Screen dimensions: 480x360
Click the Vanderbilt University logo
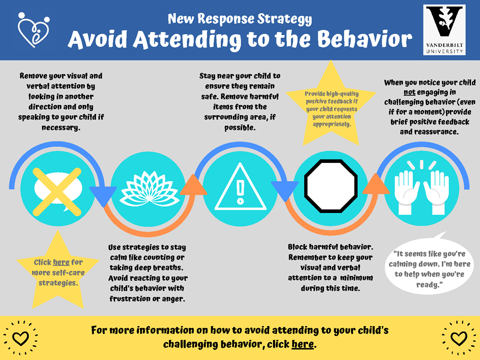pyautogui.click(x=444, y=29)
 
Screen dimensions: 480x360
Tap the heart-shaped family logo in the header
pyautogui.click(x=33, y=29)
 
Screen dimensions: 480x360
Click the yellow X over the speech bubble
pyautogui.click(x=57, y=191)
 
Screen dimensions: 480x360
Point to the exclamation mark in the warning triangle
pyautogui.click(x=240, y=193)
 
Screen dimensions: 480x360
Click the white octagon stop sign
pyautogui.click(x=330, y=186)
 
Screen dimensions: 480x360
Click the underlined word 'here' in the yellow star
pyautogui.click(x=61, y=262)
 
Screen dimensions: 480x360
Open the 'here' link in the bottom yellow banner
pyautogui.click(x=302, y=344)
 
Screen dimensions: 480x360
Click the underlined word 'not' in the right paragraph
pyautogui.click(x=409, y=92)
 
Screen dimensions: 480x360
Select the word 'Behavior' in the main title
pyautogui.click(x=364, y=39)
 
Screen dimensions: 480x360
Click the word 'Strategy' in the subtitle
pyautogui.click(x=284, y=19)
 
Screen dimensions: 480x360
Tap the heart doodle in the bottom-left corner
pyautogui.click(x=20, y=338)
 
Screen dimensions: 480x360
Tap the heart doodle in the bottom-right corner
pyautogui.click(x=458, y=338)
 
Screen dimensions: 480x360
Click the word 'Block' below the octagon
pyautogui.click(x=297, y=246)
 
